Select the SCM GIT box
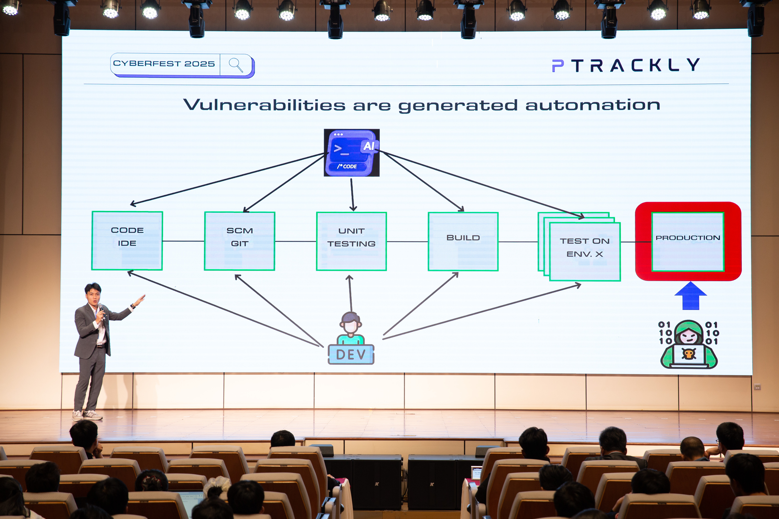(x=240, y=241)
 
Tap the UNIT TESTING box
(x=351, y=241)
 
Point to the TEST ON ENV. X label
(x=585, y=248)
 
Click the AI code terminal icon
(x=351, y=153)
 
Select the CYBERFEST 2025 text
(x=164, y=64)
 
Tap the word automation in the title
(x=593, y=105)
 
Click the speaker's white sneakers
(x=88, y=415)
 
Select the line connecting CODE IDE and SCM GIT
(x=183, y=241)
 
